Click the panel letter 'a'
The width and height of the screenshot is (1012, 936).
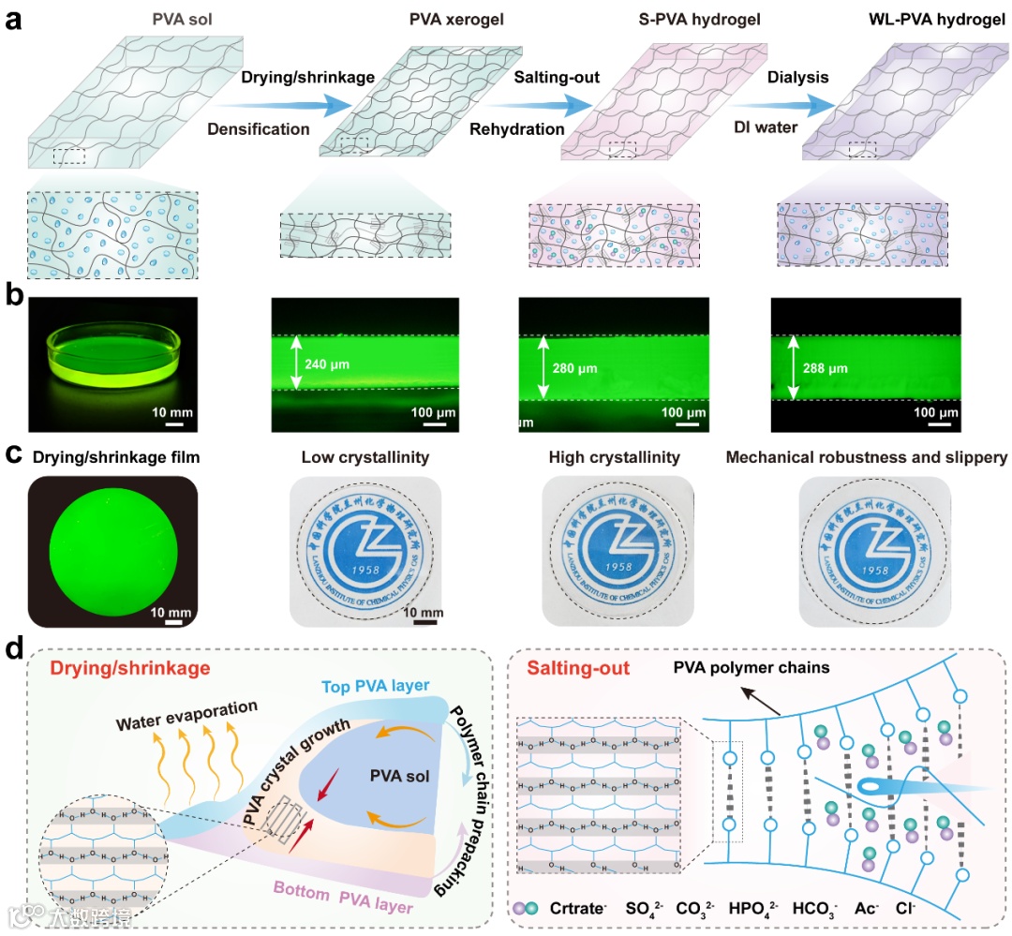[15, 21]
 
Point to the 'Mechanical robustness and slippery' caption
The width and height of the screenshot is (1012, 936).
[867, 458]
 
